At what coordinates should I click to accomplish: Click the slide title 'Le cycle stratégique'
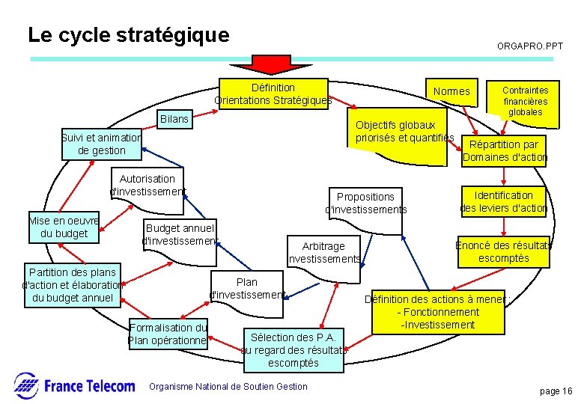point(128,35)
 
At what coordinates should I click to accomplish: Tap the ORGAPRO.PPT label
point(530,46)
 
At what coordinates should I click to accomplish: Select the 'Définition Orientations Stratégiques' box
point(273,94)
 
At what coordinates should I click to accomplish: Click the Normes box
point(451,92)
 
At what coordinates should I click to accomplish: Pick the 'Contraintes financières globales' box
point(525,101)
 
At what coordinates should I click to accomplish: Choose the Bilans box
point(174,120)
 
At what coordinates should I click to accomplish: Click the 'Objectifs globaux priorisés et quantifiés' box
point(404,131)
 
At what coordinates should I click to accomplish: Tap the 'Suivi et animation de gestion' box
point(102,144)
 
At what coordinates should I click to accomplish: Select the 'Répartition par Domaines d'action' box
point(504,151)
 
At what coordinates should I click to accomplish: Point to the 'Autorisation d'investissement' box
point(147,185)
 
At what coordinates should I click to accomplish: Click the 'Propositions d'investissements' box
point(365,203)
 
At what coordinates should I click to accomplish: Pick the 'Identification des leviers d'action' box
point(503,202)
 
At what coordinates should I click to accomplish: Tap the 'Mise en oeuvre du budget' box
point(64,227)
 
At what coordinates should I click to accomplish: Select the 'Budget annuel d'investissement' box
point(180,234)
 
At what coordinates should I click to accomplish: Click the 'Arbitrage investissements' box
point(323,253)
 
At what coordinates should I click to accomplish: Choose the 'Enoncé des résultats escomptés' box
point(503,252)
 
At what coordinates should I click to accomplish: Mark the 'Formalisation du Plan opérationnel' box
point(168,334)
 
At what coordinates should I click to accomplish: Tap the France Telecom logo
point(75,386)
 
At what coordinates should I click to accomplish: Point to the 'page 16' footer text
point(556,391)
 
